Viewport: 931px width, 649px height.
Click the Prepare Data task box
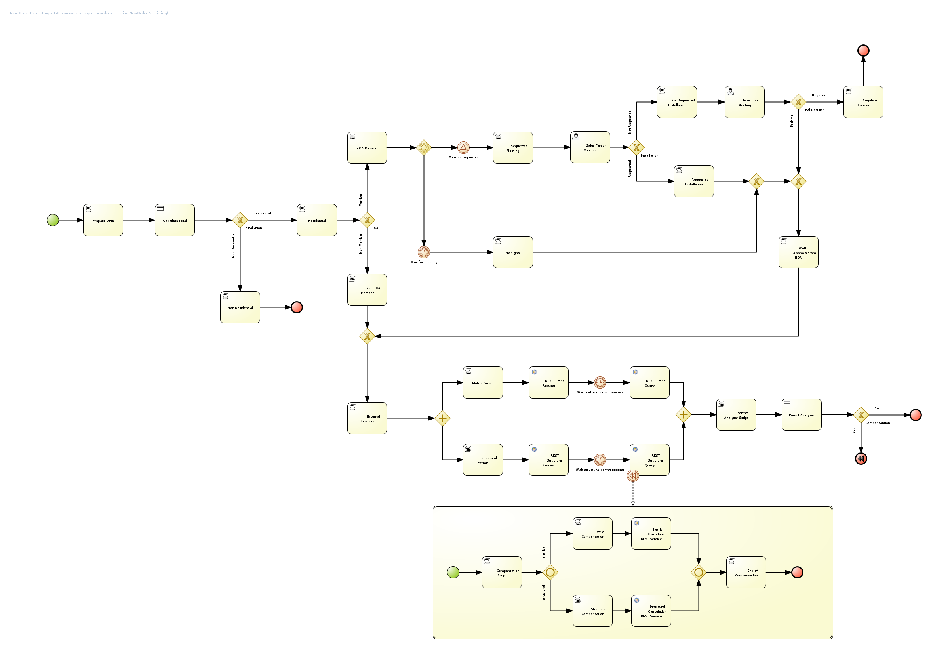103,220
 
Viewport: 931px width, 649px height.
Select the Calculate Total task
175,220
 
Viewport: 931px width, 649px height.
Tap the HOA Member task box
367,148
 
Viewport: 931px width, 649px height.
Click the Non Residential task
240,307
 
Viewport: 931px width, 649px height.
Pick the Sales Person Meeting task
590,147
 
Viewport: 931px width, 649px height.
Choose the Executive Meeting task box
744,102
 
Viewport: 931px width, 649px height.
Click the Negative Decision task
863,102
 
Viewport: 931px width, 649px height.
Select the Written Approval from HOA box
798,252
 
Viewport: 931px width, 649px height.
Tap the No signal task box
513,252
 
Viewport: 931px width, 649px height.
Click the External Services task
367,418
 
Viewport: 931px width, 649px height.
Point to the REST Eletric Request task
548,383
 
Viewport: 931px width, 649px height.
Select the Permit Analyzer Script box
737,415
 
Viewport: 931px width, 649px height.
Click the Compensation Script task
502,573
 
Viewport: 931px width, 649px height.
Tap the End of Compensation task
746,573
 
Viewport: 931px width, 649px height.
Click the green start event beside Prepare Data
53,220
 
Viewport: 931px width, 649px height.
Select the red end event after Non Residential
297,307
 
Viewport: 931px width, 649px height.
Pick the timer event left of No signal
424,252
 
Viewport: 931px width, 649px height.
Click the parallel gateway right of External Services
442,418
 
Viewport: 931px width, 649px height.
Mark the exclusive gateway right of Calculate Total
240,220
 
